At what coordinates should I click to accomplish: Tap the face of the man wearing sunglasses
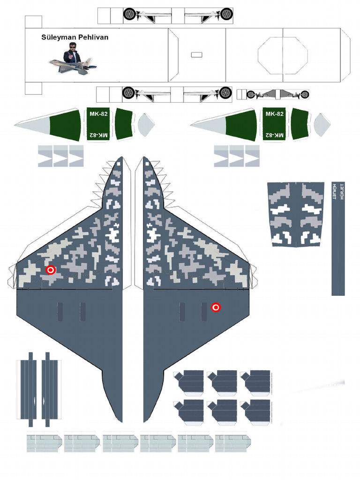(x=73, y=47)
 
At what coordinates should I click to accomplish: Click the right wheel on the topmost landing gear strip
(x=226, y=14)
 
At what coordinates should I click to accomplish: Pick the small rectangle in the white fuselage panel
(x=197, y=55)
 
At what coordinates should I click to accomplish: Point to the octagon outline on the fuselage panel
(x=283, y=55)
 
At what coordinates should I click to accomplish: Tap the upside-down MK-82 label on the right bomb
(x=274, y=135)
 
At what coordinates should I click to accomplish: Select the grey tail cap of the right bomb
(x=322, y=125)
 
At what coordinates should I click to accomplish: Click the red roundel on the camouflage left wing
(x=51, y=270)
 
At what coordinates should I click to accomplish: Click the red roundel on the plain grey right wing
(x=216, y=307)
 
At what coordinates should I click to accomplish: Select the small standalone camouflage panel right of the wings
(x=295, y=214)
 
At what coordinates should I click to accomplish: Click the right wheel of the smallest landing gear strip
(x=305, y=95)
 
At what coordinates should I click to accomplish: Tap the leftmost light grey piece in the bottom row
(x=44, y=442)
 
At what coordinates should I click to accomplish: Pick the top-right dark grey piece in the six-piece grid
(x=256, y=382)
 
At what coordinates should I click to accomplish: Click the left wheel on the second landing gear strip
(x=128, y=93)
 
